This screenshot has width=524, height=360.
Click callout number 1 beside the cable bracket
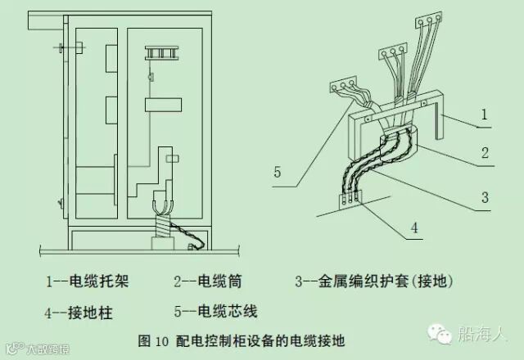click(x=484, y=117)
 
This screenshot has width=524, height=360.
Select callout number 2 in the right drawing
click(x=484, y=153)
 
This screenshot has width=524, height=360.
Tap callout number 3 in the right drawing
click(x=484, y=197)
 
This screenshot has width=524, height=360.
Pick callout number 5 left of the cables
click(x=278, y=173)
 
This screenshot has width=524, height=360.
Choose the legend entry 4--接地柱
click(x=79, y=311)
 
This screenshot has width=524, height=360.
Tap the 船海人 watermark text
click(x=484, y=334)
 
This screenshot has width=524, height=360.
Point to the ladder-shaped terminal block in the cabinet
click(x=163, y=53)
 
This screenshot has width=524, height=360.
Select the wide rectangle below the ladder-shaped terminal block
click(x=163, y=105)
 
